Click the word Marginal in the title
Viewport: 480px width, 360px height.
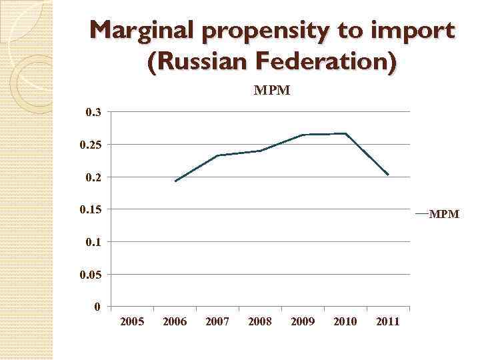[x=140, y=31]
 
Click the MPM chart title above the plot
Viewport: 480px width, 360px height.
[x=271, y=90]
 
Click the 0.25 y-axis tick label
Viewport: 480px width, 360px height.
[x=90, y=145]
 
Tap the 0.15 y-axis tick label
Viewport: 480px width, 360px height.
[x=90, y=210]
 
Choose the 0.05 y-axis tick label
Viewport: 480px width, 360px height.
[x=90, y=275]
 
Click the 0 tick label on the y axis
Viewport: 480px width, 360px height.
[x=97, y=307]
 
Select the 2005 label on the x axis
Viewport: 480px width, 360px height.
[x=132, y=322]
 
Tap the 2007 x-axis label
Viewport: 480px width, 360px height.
[x=217, y=322]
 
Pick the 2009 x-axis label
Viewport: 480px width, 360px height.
[x=303, y=322]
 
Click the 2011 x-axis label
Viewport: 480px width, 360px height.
[x=388, y=322]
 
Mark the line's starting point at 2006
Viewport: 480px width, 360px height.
[x=175, y=181]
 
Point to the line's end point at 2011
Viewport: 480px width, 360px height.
[x=388, y=175]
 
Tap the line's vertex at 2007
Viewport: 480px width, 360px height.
[x=218, y=155]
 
